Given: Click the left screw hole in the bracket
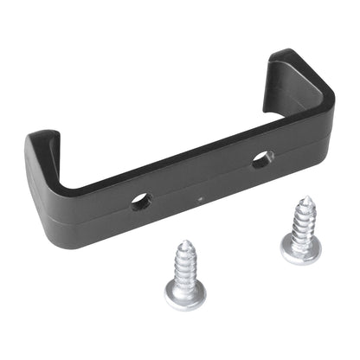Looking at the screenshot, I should click(140, 202).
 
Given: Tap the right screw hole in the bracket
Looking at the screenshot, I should click(261, 158).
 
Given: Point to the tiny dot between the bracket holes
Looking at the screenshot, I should click(200, 198).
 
